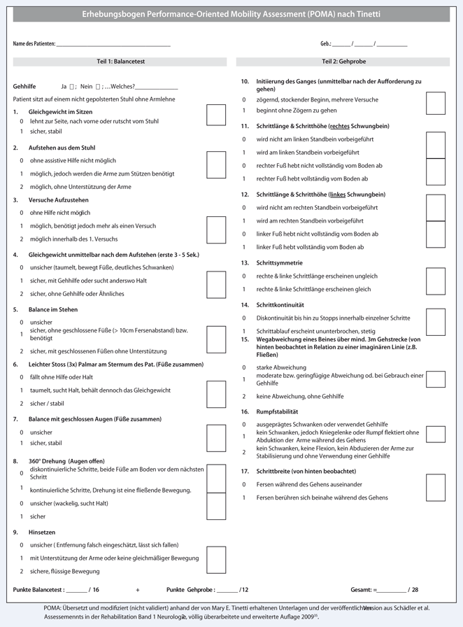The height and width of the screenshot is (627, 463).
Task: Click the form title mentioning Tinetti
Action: pyautogui.click(x=231, y=14)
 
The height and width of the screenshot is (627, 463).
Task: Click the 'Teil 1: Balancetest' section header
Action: pyautogui.click(x=121, y=62)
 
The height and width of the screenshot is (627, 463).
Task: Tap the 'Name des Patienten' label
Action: pyautogui.click(x=34, y=44)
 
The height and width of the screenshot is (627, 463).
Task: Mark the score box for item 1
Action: pyautogui.click(x=216, y=115)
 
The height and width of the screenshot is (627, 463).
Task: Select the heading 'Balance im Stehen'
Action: pyautogui.click(x=55, y=309)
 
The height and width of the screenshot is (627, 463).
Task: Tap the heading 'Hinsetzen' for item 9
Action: pyautogui.click(x=42, y=532)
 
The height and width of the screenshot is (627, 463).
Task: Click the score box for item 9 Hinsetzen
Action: pyautogui.click(x=216, y=558)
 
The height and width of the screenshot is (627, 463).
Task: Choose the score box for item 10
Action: pyautogui.click(x=435, y=103)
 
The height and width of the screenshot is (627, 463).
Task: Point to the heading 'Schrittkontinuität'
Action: pyautogui.click(x=280, y=305)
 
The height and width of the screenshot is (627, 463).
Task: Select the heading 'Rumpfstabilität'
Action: pyautogui.click(x=278, y=411)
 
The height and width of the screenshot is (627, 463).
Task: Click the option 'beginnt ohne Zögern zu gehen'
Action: pyautogui.click(x=297, y=111)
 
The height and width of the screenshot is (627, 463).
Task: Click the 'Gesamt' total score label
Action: pyautogui.click(x=363, y=590)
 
